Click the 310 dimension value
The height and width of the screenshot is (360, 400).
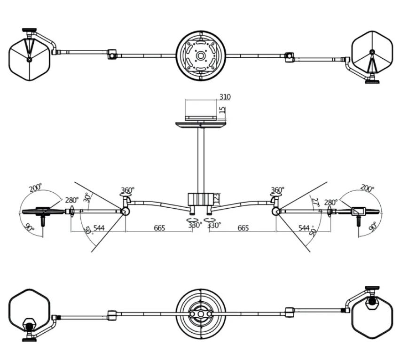[x=225, y=97]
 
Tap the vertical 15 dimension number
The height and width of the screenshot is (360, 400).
[x=222, y=111]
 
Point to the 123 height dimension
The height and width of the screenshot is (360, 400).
[x=216, y=198]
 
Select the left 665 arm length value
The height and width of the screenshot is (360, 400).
[x=159, y=228]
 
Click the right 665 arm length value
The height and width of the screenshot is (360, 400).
[x=243, y=228]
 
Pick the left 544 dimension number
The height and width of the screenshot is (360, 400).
[x=99, y=228]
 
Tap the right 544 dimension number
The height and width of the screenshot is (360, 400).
[x=305, y=228]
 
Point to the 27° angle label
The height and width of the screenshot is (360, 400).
[x=315, y=202]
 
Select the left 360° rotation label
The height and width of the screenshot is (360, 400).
[x=127, y=190]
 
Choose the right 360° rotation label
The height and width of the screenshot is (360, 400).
[x=277, y=190]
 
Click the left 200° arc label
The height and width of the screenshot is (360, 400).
[x=36, y=189]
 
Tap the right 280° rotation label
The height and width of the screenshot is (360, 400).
[x=330, y=203]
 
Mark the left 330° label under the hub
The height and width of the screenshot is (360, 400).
[x=195, y=225]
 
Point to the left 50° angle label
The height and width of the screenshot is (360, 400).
[x=89, y=230]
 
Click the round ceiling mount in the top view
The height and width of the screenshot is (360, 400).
[x=201, y=56]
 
